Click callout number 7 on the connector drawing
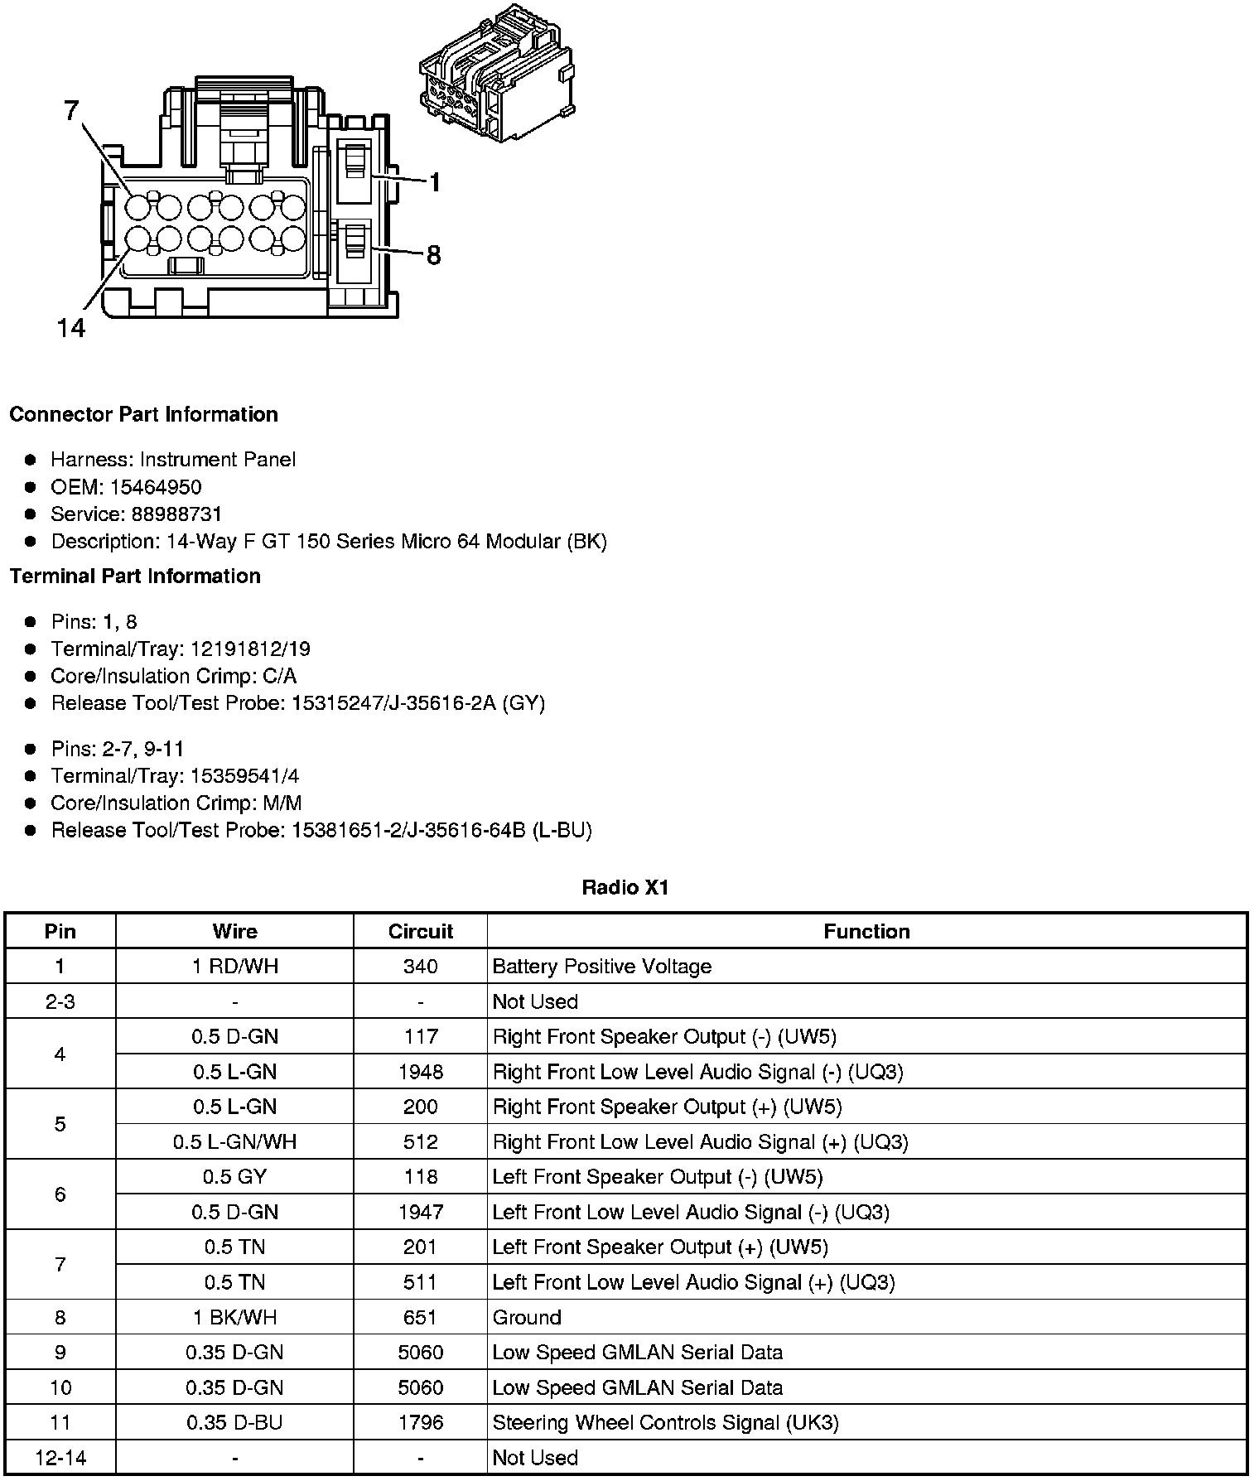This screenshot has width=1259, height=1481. (x=72, y=110)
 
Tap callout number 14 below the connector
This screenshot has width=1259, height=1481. (x=71, y=329)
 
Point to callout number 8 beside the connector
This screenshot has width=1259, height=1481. (x=433, y=255)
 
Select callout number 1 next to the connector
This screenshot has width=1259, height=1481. (x=435, y=182)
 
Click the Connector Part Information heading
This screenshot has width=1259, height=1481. (x=143, y=414)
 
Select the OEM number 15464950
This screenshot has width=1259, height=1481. (x=156, y=487)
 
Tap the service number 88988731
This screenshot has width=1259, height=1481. (x=176, y=514)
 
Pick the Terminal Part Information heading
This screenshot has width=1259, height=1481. (x=135, y=576)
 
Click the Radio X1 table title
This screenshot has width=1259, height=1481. (x=625, y=888)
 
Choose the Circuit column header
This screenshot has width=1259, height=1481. (x=421, y=931)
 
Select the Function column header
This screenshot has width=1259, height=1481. (x=866, y=931)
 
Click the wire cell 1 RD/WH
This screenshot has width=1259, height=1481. (x=235, y=967)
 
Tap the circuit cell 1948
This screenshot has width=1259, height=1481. (x=421, y=1072)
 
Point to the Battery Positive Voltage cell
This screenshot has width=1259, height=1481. (x=602, y=967)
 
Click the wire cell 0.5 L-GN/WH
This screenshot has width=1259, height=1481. (x=235, y=1142)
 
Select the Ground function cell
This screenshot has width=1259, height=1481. (x=527, y=1317)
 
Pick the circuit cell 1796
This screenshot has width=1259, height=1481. (x=421, y=1422)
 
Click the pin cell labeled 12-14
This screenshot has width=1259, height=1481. (x=60, y=1458)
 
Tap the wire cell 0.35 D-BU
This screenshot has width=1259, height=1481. (x=235, y=1422)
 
